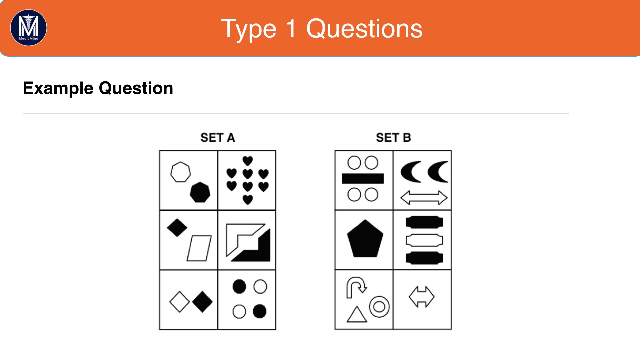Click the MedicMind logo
tap(29, 28)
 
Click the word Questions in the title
tap(364, 29)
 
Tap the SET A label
tap(218, 138)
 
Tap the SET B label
tap(393, 138)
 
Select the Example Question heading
tap(98, 88)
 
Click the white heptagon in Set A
tap(180, 172)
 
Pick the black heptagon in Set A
tap(200, 192)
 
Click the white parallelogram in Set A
tap(199, 248)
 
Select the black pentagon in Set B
tap(365, 239)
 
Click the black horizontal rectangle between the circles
tap(363, 179)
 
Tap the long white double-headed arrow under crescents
tap(424, 198)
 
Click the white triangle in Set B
tap(357, 315)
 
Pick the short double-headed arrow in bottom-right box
tap(422, 297)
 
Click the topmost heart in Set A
tap(248, 161)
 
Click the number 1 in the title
tap(291, 29)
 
